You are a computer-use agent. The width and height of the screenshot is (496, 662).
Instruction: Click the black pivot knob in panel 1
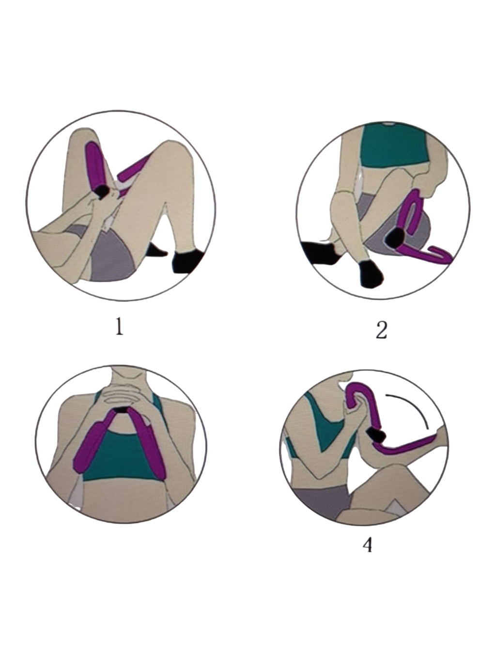click(102, 192)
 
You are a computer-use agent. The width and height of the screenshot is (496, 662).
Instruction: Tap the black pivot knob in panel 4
click(376, 435)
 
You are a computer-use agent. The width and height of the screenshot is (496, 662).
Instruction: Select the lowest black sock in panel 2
click(371, 274)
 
